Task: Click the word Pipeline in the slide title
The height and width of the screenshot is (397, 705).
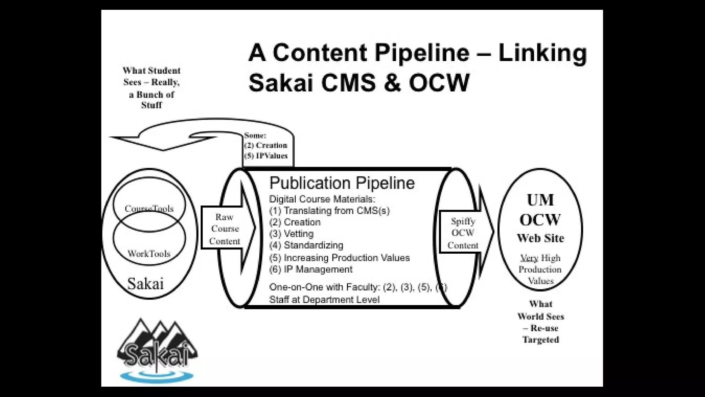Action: [422, 53]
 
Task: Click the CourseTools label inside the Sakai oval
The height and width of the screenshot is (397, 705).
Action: [149, 208]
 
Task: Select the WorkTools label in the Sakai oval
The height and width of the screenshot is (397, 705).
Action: [149, 254]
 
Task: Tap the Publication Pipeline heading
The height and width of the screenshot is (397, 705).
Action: [342, 183]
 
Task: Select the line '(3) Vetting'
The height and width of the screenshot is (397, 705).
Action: [291, 234]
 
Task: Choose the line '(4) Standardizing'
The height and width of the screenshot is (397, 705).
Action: [306, 245]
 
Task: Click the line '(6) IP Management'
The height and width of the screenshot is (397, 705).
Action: [311, 269]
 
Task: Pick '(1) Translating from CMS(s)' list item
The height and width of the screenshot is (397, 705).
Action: [329, 211]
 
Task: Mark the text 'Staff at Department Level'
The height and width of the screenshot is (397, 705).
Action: [324, 299]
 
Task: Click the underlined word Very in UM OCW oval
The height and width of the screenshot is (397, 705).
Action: [529, 258]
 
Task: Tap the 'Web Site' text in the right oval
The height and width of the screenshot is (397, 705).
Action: [540, 238]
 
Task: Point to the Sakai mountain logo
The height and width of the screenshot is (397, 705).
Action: [157, 345]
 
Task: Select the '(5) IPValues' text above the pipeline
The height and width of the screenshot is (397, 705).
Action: [266, 156]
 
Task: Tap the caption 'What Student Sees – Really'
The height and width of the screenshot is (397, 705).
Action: [151, 76]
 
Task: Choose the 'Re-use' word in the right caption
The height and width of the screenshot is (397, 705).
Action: [544, 328]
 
